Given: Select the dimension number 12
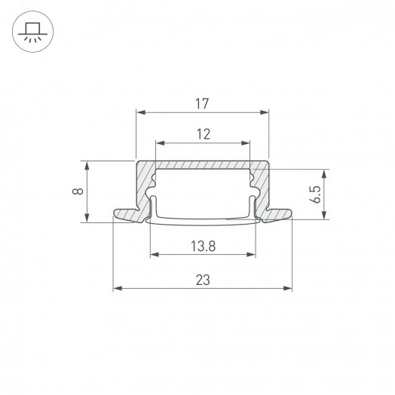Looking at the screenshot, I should click(202, 133).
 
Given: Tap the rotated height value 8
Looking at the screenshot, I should click(77, 191).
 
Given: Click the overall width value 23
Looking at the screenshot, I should click(202, 280).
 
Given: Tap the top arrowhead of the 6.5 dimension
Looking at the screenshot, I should click(325, 172).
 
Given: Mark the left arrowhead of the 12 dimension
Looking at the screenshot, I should click(159, 142).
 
